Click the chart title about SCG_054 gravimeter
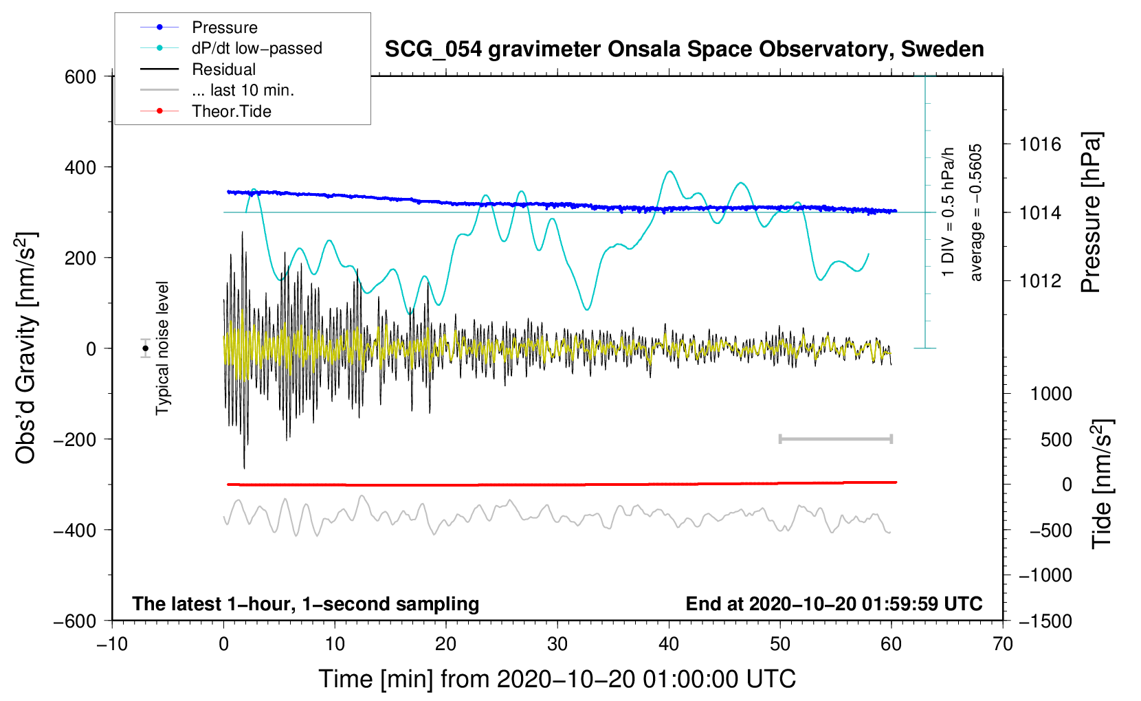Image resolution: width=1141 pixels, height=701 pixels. click(684, 49)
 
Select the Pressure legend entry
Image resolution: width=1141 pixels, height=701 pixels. click(224, 27)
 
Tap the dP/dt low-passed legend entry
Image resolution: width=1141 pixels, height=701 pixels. click(256, 48)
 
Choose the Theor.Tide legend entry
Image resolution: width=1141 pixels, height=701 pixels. click(231, 111)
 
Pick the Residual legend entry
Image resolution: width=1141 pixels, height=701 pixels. click(223, 69)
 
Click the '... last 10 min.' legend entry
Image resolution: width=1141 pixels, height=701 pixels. click(243, 90)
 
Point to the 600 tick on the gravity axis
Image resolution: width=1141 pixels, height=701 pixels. click(80, 76)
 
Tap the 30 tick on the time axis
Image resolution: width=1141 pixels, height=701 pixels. click(557, 644)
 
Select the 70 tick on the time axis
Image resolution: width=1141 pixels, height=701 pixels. click(1003, 644)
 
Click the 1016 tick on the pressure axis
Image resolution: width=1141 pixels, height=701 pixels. click(1040, 144)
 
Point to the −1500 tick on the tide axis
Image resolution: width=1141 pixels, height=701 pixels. click(1045, 621)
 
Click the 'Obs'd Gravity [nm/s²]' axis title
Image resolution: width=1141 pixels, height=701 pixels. click(26, 348)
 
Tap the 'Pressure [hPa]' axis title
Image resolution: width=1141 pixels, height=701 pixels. click(1091, 212)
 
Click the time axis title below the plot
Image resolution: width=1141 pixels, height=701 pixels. click(557, 679)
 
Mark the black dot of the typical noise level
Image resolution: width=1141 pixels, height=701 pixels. click(146, 348)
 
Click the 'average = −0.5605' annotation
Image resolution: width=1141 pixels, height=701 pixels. click(976, 212)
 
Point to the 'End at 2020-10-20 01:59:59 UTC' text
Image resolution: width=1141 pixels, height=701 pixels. click(834, 603)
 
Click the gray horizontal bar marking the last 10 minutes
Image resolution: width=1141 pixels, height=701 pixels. click(835, 438)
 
